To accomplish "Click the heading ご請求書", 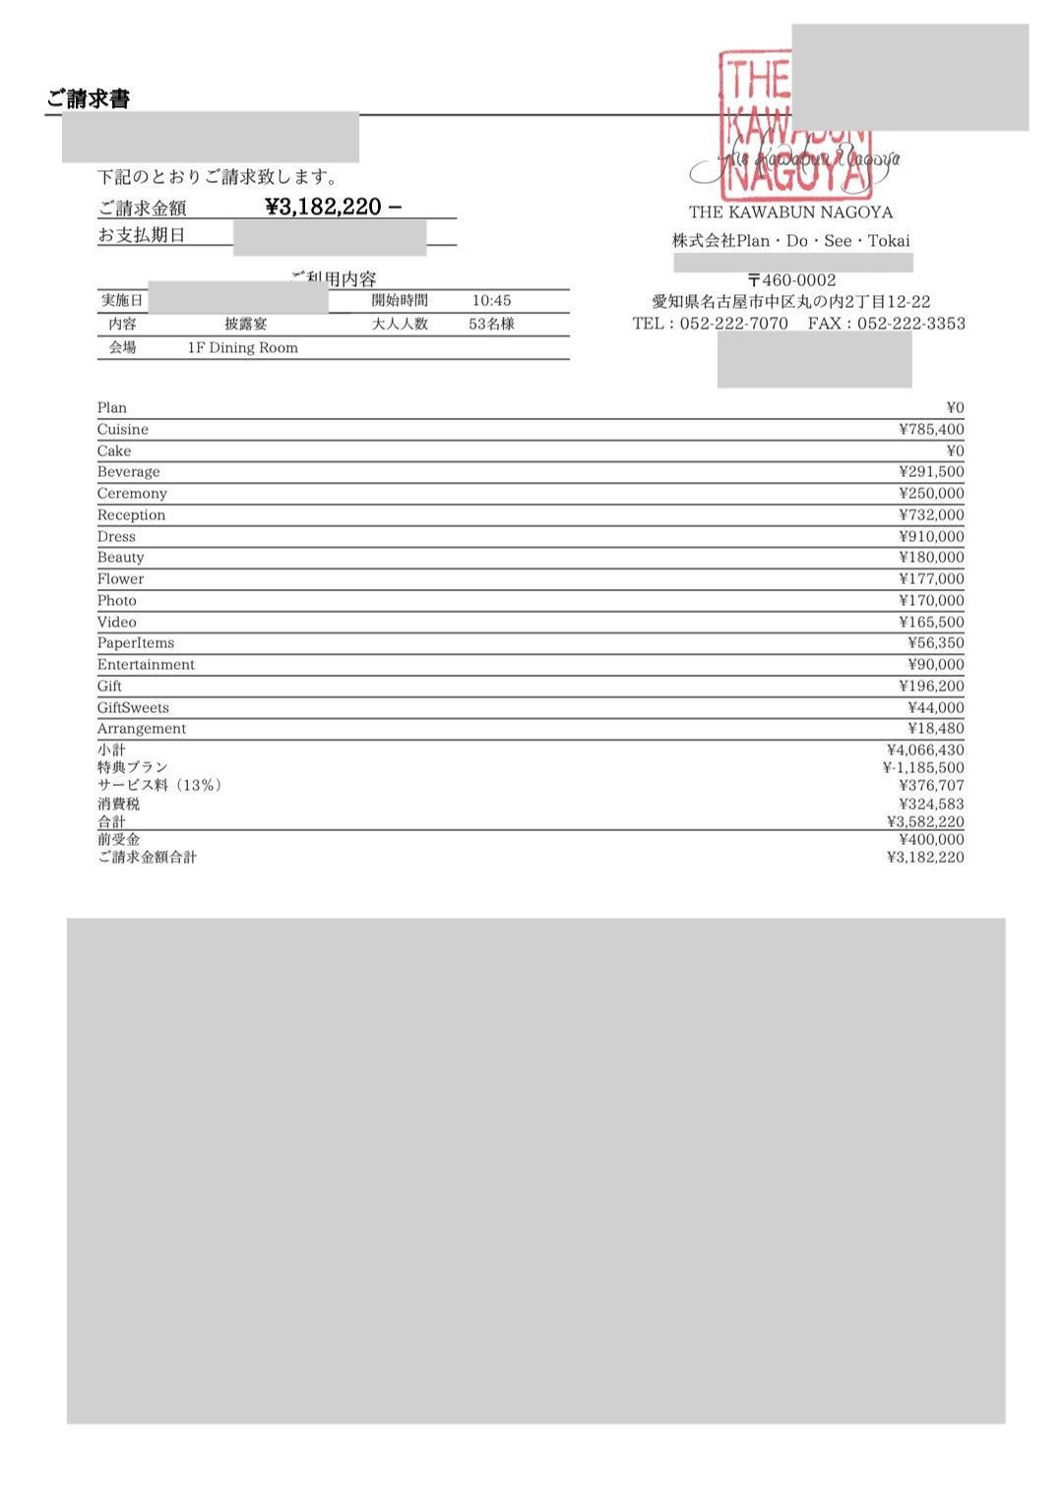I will [x=88, y=98].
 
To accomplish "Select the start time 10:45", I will [x=491, y=301].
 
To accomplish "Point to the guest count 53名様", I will [x=491, y=324].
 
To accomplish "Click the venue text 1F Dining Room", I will [x=242, y=347].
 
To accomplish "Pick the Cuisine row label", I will [x=123, y=430].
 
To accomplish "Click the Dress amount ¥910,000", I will [x=931, y=537].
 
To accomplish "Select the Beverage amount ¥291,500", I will [x=931, y=472].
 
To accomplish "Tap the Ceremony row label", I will [x=132, y=494].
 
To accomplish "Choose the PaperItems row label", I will [x=136, y=643].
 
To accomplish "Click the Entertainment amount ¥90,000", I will [x=935, y=665].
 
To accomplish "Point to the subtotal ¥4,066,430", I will [x=925, y=750].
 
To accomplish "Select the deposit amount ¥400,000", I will [x=931, y=839].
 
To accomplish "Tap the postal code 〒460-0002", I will [x=791, y=280].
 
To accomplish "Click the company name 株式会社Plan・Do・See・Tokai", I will [x=791, y=241].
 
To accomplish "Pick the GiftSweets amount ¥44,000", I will [x=935, y=708].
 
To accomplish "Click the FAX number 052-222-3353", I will [x=911, y=324].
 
